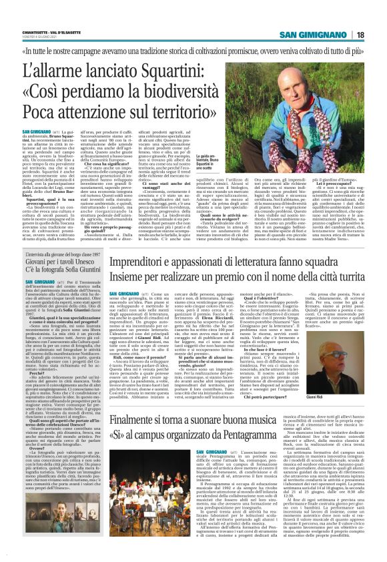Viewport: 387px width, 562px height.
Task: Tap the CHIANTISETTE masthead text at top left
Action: pos(45,32)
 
